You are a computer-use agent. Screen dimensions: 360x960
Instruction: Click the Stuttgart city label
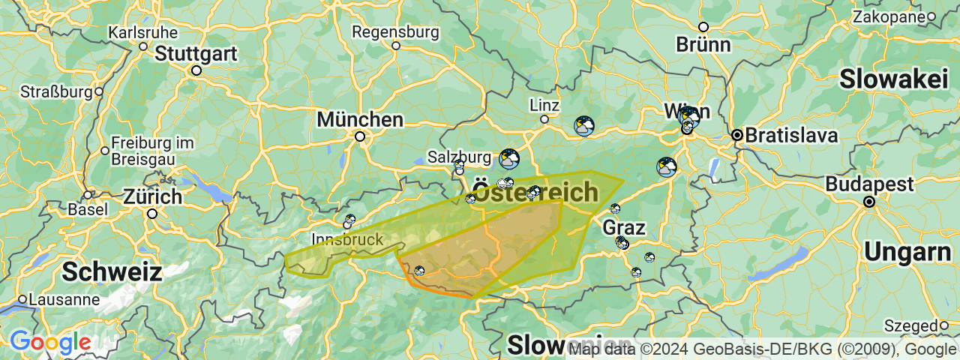click(196, 54)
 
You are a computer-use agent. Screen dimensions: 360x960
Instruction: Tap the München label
click(360, 119)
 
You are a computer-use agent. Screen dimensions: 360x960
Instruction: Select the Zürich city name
click(153, 197)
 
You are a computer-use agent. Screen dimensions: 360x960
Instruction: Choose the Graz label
click(623, 226)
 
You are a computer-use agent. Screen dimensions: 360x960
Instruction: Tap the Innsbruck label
click(347, 240)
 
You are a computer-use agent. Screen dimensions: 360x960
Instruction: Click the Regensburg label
click(395, 32)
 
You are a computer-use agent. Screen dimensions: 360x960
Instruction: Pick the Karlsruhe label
click(143, 33)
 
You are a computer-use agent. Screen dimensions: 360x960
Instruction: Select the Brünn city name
click(703, 44)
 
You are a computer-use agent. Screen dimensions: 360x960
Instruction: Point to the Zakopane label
click(888, 16)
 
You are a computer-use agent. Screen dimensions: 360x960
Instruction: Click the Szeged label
click(910, 325)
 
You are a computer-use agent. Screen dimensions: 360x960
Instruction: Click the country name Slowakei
click(894, 79)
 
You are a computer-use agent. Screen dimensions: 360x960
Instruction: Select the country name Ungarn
click(907, 252)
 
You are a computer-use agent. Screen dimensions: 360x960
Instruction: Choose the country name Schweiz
click(112, 271)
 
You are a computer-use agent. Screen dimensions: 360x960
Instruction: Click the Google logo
click(50, 343)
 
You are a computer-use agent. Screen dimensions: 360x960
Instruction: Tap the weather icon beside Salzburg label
click(509, 159)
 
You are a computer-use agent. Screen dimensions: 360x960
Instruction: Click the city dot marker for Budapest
click(869, 202)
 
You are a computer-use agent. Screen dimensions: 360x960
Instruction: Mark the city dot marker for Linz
click(544, 119)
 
